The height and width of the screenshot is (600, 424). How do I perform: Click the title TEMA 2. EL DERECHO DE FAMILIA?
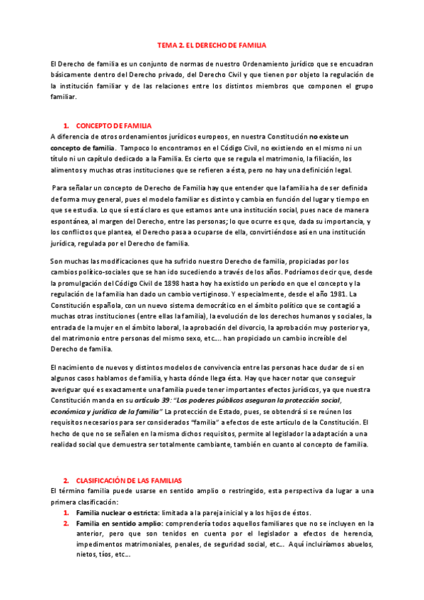click(x=212, y=45)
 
